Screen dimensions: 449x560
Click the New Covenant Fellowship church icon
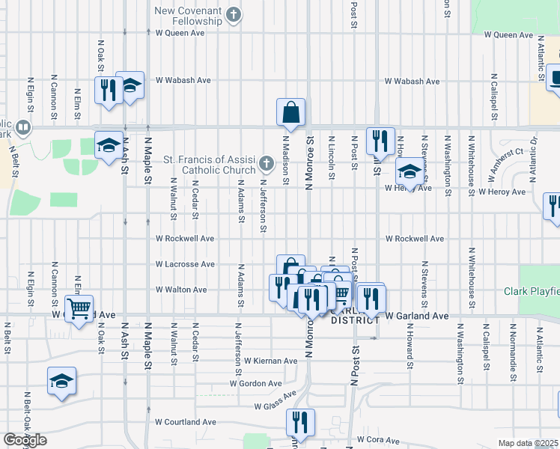(x=234, y=13)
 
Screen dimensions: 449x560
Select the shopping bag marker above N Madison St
(x=290, y=112)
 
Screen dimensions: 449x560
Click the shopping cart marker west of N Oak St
(x=79, y=308)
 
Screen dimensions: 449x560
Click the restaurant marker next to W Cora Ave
(x=301, y=423)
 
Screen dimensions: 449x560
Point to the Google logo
(x=24, y=440)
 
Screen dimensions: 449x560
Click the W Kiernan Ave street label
(x=270, y=361)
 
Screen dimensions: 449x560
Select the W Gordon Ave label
(x=256, y=383)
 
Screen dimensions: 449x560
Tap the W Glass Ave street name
(x=276, y=401)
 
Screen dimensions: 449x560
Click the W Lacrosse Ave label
(x=185, y=264)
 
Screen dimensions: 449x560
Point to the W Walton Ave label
(x=181, y=290)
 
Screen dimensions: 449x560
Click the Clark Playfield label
(x=532, y=291)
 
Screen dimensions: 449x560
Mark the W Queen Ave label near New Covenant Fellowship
(x=180, y=34)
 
